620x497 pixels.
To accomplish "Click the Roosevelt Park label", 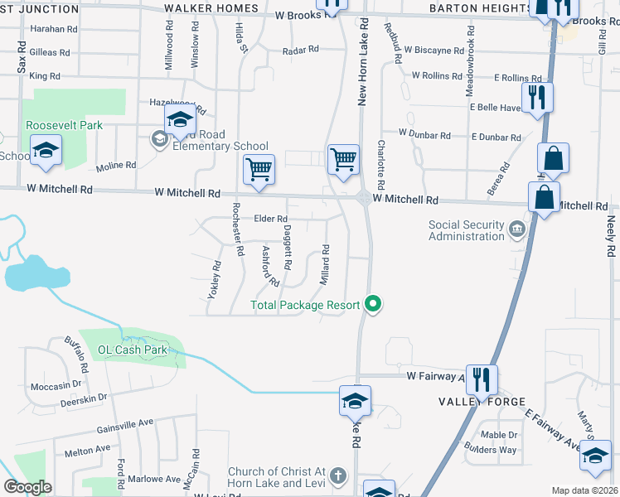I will tap(64, 125).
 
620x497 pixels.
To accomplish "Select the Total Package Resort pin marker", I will tap(373, 306).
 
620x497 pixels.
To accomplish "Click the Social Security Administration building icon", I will tap(516, 227).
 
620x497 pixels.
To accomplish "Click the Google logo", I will tap(27, 487).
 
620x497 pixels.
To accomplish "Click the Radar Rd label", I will tap(300, 50).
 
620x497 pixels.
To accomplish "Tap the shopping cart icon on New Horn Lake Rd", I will tap(343, 157).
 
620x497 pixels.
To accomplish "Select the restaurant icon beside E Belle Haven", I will tap(537, 98).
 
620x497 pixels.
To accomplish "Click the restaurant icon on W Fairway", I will tap(481, 379).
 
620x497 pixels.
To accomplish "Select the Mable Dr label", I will tap(499, 434).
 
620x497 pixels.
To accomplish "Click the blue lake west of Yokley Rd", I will tap(28, 273).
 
